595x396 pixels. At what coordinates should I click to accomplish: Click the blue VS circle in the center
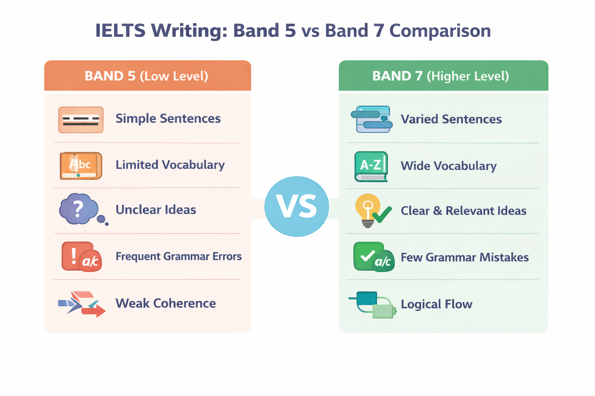pyautogui.click(x=297, y=207)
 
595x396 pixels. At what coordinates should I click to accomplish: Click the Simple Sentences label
pyautogui.click(x=168, y=118)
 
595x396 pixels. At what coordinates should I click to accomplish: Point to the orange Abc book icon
pyautogui.click(x=81, y=166)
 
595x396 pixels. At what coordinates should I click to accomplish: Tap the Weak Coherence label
pyautogui.click(x=165, y=303)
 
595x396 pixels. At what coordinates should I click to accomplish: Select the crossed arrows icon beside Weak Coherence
pyautogui.click(x=82, y=304)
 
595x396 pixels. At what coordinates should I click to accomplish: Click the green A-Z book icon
pyautogui.click(x=371, y=167)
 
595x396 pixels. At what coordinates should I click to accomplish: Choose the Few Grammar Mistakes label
pyautogui.click(x=464, y=257)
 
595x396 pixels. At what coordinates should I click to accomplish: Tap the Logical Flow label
pyautogui.click(x=436, y=304)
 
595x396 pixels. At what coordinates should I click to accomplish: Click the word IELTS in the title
pyautogui.click(x=120, y=31)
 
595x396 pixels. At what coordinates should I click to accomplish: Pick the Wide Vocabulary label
pyautogui.click(x=448, y=166)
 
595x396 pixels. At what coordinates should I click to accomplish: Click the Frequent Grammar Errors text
pyautogui.click(x=178, y=256)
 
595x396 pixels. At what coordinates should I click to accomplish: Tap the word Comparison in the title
pyautogui.click(x=440, y=31)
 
